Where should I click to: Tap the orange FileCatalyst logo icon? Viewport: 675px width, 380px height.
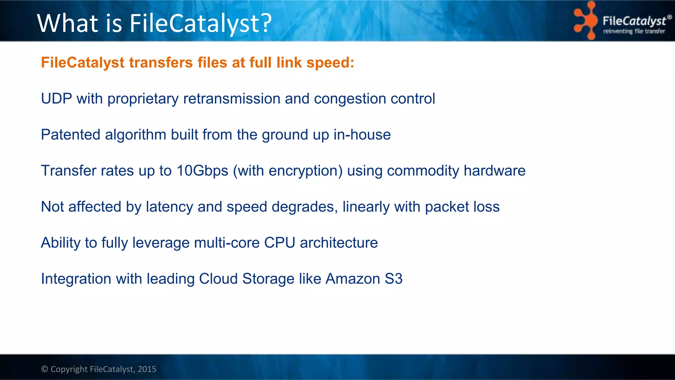coord(585,20)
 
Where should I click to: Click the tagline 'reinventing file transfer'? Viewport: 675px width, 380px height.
coord(634,31)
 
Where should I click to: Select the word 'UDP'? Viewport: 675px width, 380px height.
coord(56,99)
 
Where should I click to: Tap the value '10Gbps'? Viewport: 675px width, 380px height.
coord(202,171)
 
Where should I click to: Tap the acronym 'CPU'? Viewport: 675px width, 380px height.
coord(279,243)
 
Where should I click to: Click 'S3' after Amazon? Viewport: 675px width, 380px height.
coord(394,279)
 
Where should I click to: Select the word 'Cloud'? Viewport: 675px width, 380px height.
coord(218,279)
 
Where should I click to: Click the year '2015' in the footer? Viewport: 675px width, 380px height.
coord(147,369)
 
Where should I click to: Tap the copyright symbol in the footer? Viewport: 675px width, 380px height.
coord(44,369)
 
